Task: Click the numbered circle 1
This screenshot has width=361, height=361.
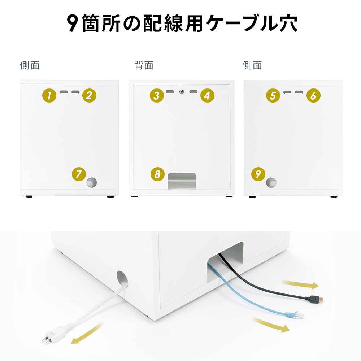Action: click(x=49, y=95)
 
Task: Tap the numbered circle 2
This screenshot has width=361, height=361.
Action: click(x=89, y=95)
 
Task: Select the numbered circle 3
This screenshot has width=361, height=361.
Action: click(x=157, y=95)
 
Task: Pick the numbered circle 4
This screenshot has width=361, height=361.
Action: click(x=207, y=95)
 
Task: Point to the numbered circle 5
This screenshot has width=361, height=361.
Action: click(x=273, y=95)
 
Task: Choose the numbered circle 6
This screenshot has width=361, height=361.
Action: click(x=313, y=95)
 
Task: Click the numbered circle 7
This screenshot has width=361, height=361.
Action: click(x=79, y=174)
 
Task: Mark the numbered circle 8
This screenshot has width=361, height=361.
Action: click(x=157, y=174)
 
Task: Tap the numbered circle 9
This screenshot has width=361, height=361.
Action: click(x=258, y=174)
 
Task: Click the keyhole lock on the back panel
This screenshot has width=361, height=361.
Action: click(x=182, y=92)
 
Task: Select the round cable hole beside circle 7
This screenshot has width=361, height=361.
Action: click(x=91, y=182)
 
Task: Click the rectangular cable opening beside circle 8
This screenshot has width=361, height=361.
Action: click(x=182, y=181)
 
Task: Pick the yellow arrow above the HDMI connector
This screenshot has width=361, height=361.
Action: click(x=300, y=284)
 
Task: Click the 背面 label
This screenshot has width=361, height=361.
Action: click(x=144, y=65)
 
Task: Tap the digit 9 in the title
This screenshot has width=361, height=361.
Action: click(x=73, y=23)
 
